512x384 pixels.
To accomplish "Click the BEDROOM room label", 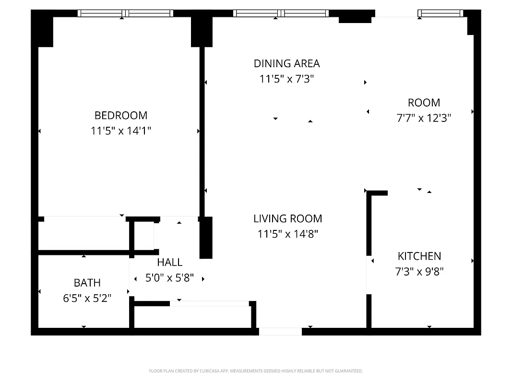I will click(x=121, y=115).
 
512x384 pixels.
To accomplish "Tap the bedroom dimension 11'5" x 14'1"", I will click(x=121, y=131).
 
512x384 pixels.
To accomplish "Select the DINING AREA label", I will click(x=286, y=63).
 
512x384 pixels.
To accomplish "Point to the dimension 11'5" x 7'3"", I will click(x=286, y=79).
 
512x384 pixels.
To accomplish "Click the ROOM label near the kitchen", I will click(x=424, y=103).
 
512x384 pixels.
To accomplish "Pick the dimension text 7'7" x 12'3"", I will click(x=424, y=118).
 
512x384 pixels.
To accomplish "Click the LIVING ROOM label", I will click(x=287, y=219).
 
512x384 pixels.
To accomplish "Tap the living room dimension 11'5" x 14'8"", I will click(x=287, y=234).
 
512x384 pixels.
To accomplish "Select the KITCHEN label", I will click(x=419, y=256).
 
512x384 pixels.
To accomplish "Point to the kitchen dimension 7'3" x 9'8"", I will click(x=419, y=272).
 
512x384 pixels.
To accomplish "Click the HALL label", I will click(x=169, y=262).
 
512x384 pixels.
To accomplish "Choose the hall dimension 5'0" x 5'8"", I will click(x=169, y=278).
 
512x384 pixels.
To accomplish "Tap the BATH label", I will click(x=87, y=283).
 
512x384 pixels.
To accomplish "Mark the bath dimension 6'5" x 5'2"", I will click(x=87, y=299).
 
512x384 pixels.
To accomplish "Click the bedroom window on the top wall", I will click(x=125, y=13).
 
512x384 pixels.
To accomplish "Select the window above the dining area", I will click(x=281, y=13).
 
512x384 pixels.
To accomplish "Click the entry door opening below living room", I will click(x=280, y=331).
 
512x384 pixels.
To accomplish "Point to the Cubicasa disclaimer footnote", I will click(x=256, y=371).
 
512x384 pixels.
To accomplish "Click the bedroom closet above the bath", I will click(x=84, y=233).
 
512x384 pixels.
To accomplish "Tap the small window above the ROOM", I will click(x=440, y=13).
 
